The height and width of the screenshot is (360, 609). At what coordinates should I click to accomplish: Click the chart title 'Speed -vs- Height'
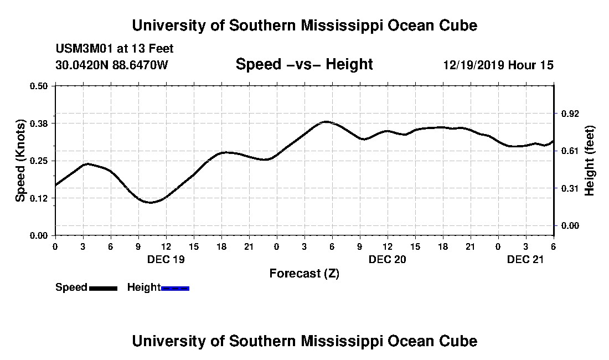click(x=304, y=64)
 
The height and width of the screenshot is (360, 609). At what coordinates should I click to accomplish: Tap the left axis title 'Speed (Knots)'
click(x=20, y=160)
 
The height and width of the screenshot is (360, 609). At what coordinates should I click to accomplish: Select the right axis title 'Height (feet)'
click(x=589, y=160)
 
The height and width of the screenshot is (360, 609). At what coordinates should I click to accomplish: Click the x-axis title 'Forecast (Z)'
click(x=304, y=273)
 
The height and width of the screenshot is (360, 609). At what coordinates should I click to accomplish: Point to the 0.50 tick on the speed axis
click(x=39, y=86)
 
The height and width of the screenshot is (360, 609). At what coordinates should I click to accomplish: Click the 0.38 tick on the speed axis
click(x=39, y=123)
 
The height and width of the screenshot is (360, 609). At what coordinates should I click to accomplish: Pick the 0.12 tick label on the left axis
click(x=39, y=198)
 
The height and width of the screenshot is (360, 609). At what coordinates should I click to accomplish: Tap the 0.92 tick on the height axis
click(x=570, y=114)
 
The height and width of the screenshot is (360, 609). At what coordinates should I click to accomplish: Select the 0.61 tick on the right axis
click(x=570, y=151)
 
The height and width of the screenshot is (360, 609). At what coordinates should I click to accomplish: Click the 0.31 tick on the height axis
click(x=570, y=188)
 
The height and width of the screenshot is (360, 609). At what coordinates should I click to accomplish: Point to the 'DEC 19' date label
click(x=166, y=259)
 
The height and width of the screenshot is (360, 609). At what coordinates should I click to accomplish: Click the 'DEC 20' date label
click(x=388, y=259)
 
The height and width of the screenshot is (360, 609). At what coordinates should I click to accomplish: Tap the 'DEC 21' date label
click(x=526, y=259)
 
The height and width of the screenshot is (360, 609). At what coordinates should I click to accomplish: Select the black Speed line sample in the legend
click(x=103, y=288)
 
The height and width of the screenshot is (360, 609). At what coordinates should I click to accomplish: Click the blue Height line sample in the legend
click(x=176, y=288)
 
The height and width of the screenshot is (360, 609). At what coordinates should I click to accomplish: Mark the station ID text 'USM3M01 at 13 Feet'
click(x=115, y=49)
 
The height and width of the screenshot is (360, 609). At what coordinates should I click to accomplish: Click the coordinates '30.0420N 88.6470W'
click(x=111, y=65)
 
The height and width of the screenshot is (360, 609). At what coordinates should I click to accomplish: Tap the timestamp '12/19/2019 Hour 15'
click(x=498, y=65)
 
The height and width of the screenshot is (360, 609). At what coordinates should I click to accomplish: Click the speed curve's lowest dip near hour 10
click(x=150, y=202)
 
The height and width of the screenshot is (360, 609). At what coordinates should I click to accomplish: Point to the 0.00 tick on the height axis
click(x=570, y=225)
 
